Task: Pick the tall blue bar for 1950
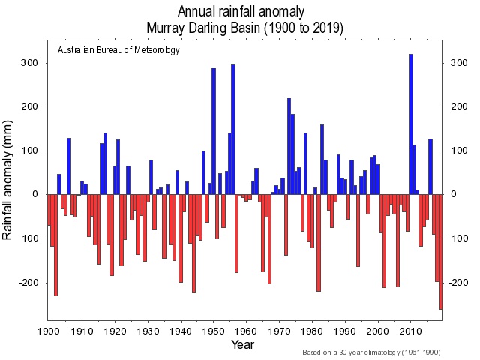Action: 214,130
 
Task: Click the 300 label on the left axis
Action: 29,62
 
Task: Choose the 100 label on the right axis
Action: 458,151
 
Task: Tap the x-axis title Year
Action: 243,346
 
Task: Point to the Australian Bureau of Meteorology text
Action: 118,50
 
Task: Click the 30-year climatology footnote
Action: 371,352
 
